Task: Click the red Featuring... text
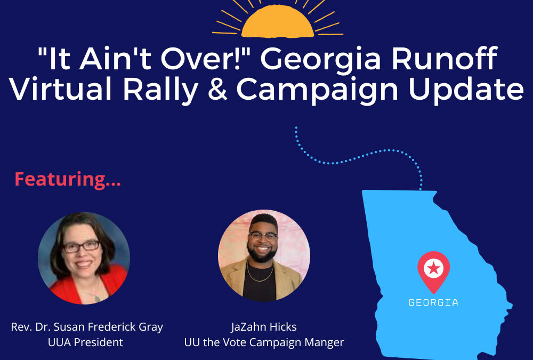click(x=68, y=179)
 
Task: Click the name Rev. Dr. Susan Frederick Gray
click(x=87, y=326)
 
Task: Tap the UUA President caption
click(x=85, y=342)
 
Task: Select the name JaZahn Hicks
click(x=264, y=326)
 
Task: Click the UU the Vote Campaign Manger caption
click(x=264, y=342)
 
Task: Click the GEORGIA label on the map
click(x=433, y=302)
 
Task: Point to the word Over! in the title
click(x=214, y=60)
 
